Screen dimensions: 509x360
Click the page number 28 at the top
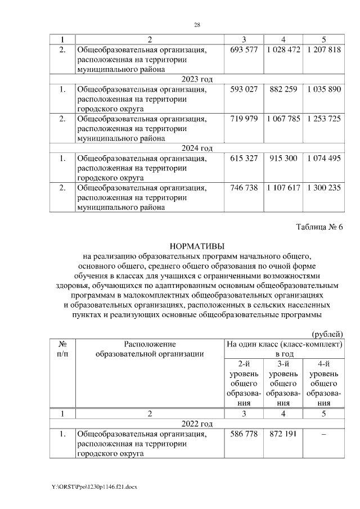(x=197, y=25)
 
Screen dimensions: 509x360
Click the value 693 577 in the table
(x=244, y=50)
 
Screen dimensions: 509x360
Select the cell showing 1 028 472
(x=283, y=50)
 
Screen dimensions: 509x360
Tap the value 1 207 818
(x=324, y=50)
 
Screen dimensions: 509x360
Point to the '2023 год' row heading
(x=196, y=79)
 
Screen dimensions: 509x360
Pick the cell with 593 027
(x=244, y=89)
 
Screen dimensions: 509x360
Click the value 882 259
(x=283, y=89)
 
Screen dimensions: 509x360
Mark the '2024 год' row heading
(x=196, y=148)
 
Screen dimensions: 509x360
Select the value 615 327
(x=244, y=159)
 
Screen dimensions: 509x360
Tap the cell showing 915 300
(x=283, y=159)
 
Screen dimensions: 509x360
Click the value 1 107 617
(x=283, y=188)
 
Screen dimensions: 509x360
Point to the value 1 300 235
(x=324, y=188)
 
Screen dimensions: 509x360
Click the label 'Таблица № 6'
(x=319, y=227)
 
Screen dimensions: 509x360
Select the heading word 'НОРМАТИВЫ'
(x=196, y=246)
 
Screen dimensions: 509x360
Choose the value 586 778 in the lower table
(x=244, y=434)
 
